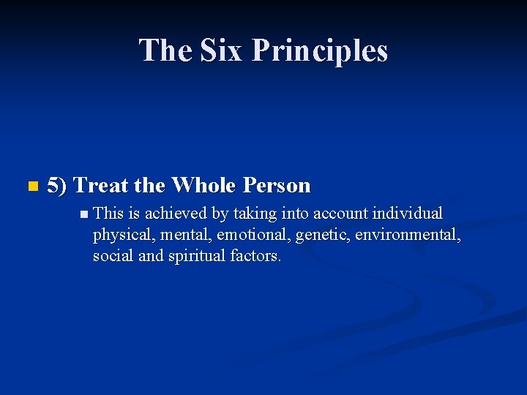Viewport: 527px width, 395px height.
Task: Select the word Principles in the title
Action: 320,50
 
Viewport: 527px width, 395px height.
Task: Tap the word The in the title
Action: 166,50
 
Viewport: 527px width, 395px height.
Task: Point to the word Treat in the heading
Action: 100,186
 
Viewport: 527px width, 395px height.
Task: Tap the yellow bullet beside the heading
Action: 30,187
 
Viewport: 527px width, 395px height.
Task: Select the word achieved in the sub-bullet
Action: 176,214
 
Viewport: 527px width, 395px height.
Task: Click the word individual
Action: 408,214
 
